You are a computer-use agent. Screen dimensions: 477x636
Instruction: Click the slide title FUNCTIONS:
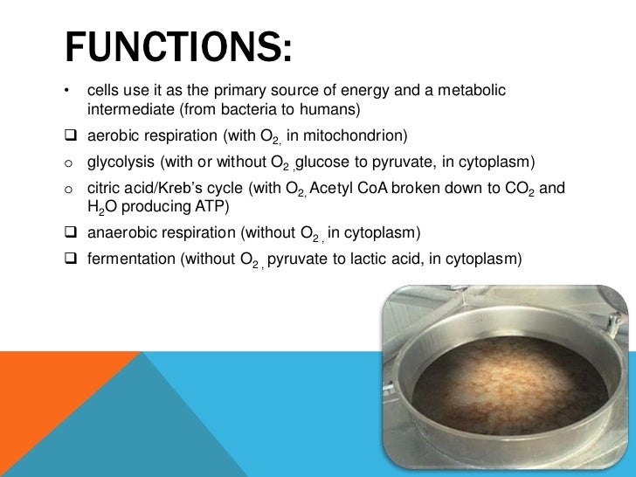coord(177,47)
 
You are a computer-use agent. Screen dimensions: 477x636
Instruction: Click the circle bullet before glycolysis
coord(69,163)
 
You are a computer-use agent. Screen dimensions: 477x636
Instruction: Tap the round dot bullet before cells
coord(68,91)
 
